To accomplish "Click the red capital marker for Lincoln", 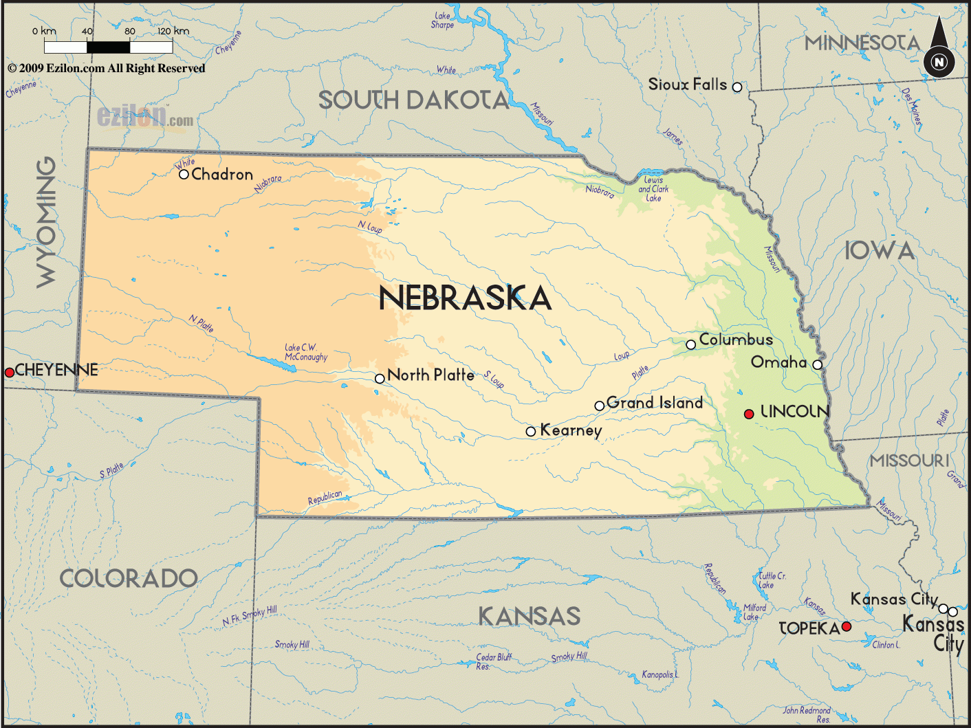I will (749, 414).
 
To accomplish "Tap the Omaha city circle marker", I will (817, 364).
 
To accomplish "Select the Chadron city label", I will (222, 175).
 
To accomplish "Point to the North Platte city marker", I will (380, 379).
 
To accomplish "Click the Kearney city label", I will (571, 430).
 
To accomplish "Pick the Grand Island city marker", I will (599, 406).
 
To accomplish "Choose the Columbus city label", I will (736, 340).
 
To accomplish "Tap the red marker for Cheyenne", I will (10, 373).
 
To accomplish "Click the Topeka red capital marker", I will (847, 626).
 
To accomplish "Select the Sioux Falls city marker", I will (737, 87).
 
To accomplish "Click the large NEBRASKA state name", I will (465, 298).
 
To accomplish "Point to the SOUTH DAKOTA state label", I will (413, 100).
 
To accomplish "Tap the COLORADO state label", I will (129, 579).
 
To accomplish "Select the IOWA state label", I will (880, 251).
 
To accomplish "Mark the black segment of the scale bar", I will (109, 47).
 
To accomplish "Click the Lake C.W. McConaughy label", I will (306, 352).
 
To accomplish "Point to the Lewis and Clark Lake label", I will (653, 189).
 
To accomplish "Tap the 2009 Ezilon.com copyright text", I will (107, 68).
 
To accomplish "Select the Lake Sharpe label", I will (443, 21).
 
